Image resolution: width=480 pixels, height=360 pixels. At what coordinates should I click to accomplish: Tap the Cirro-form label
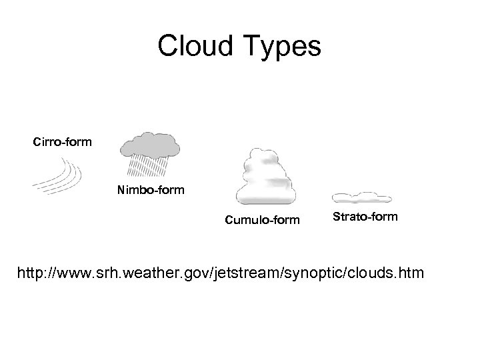click(x=63, y=141)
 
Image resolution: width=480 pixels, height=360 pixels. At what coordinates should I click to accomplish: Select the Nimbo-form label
click(x=151, y=191)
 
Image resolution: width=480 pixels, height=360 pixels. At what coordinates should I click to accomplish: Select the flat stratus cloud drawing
click(x=361, y=197)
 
